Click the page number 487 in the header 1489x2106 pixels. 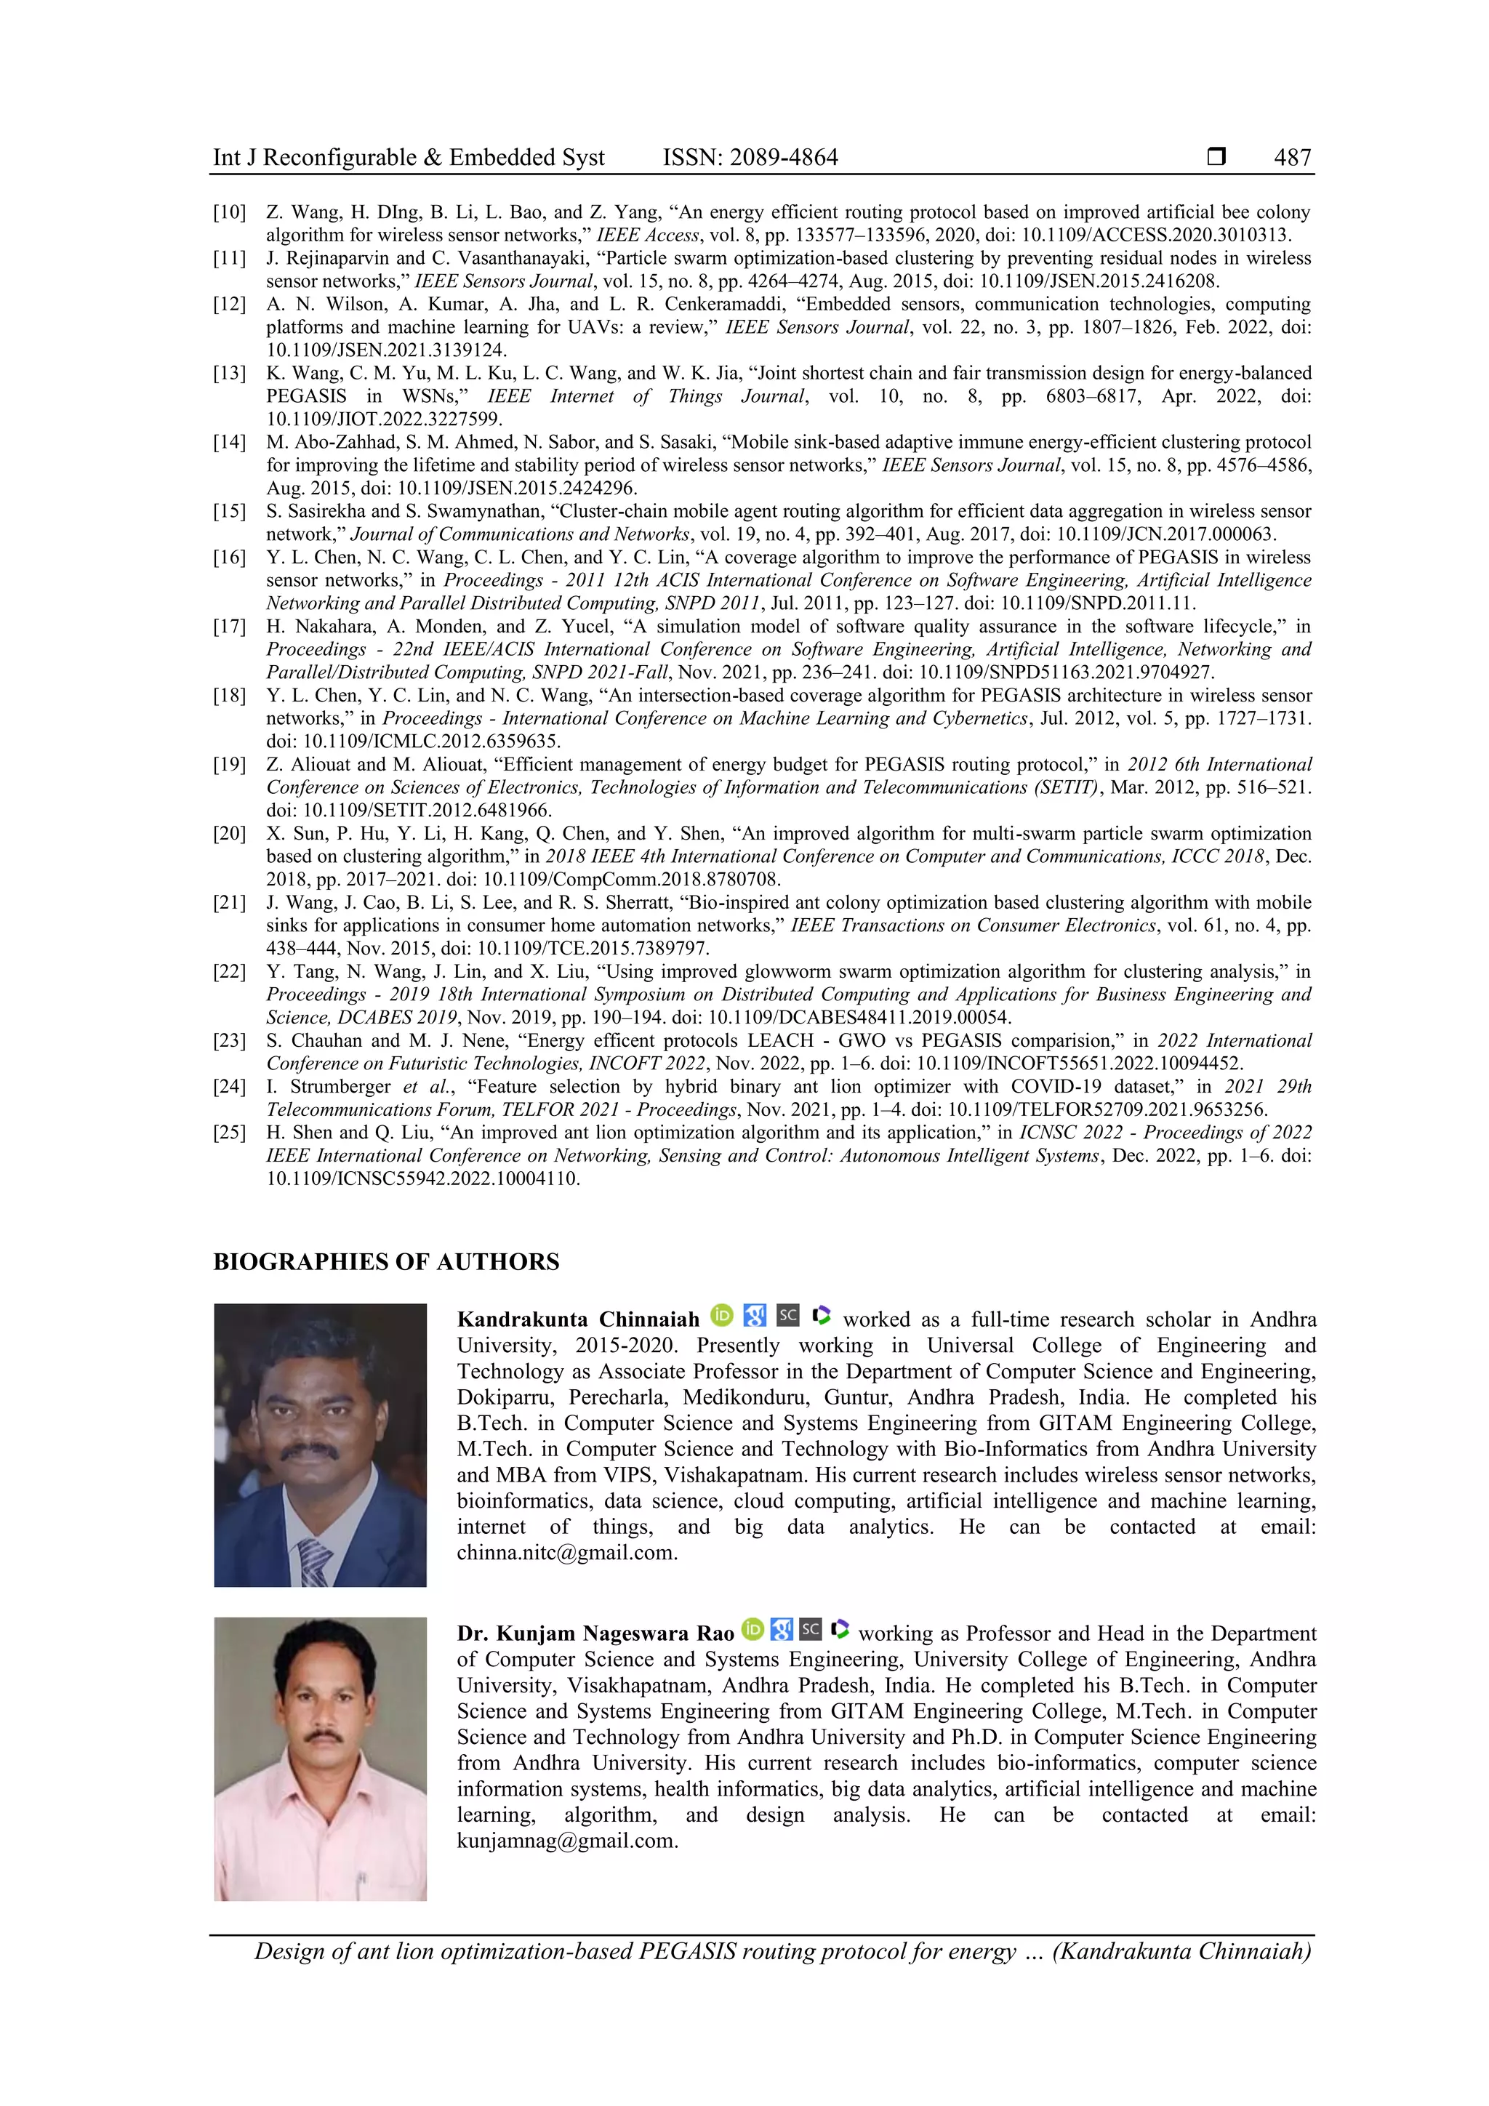tap(1292, 158)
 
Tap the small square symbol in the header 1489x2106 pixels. tap(1216, 157)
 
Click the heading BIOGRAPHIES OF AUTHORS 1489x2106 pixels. tap(386, 1262)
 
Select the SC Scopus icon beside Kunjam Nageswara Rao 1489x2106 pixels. tap(810, 1630)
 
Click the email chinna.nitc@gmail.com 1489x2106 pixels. tap(566, 1553)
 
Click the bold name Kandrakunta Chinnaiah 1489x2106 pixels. tap(578, 1320)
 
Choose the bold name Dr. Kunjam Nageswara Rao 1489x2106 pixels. tap(595, 1633)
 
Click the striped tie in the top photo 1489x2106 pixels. tap(315, 1559)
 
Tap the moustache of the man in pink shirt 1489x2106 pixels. tap(323, 1735)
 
